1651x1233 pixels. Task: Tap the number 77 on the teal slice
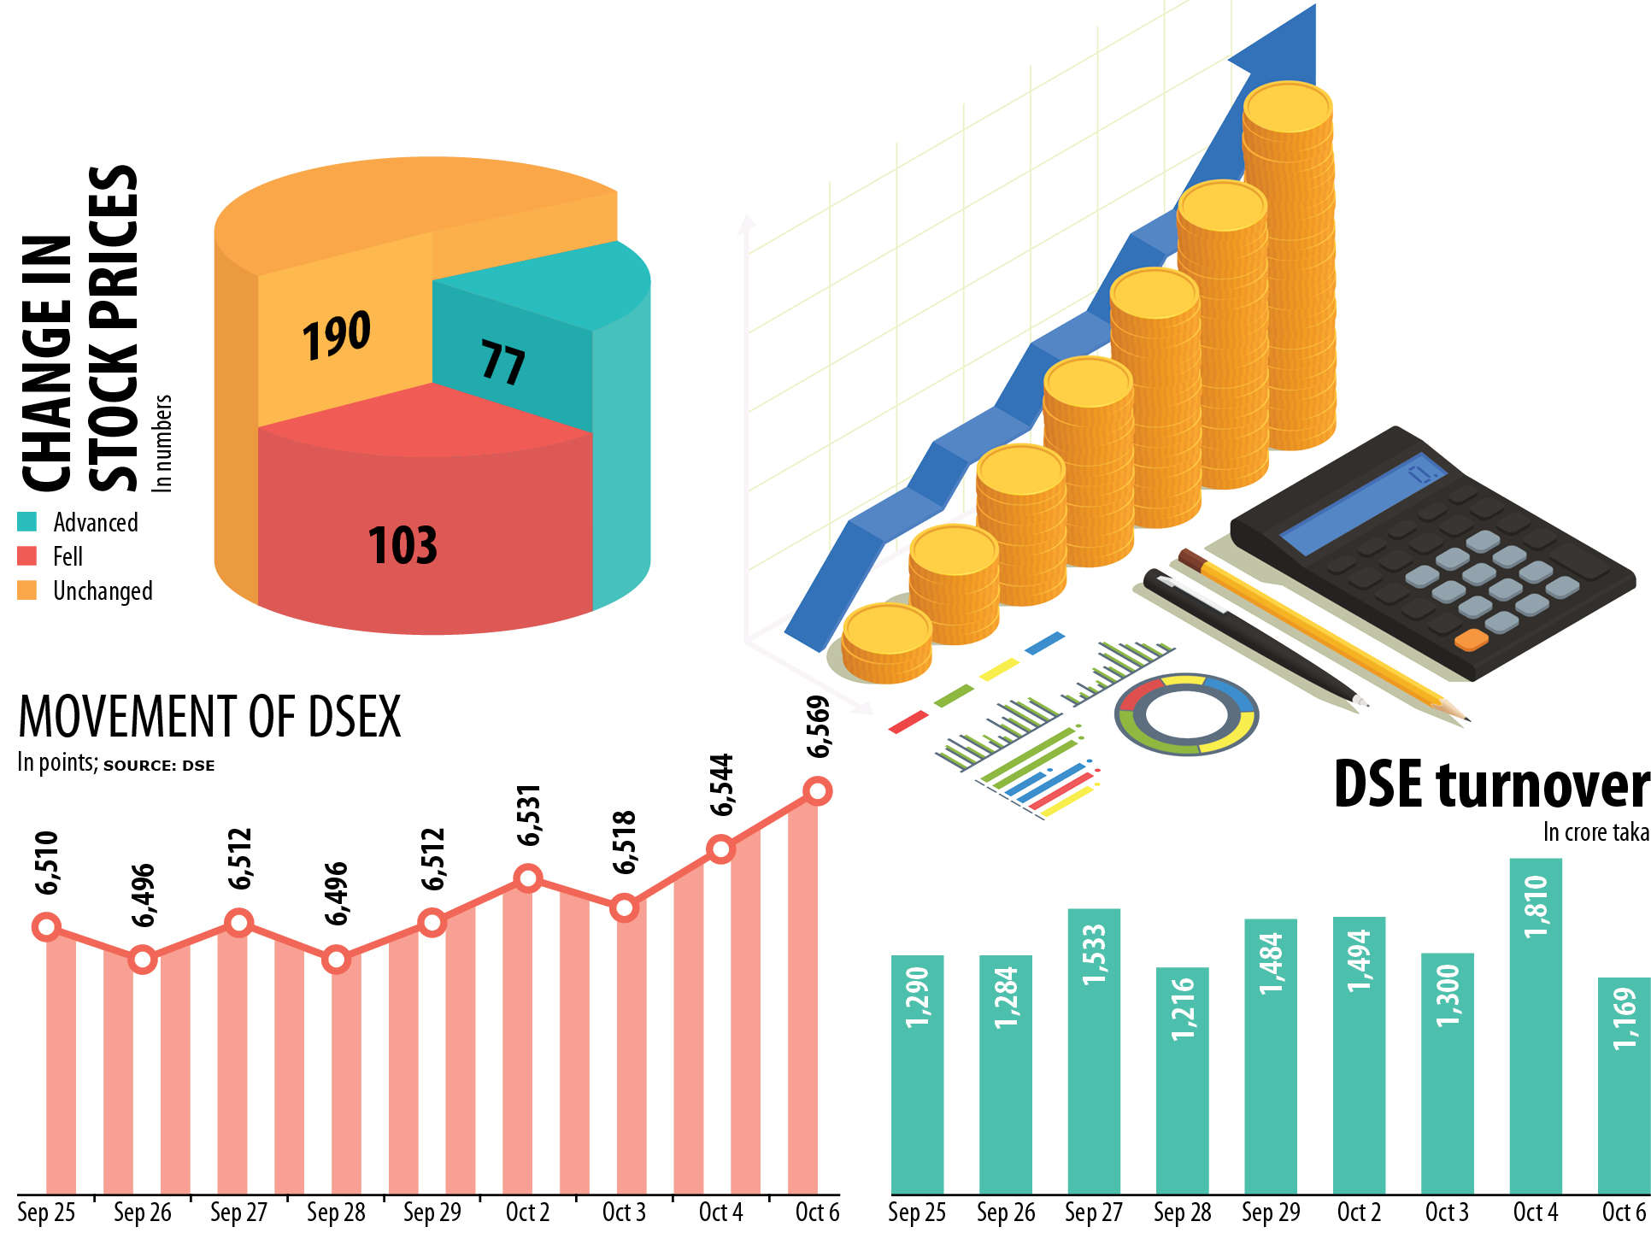[x=502, y=362]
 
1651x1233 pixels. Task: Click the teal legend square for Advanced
[x=27, y=522]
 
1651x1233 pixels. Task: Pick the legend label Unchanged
[x=103, y=591]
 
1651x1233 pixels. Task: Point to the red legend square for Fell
[x=27, y=556]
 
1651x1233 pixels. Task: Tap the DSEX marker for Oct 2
[x=528, y=878]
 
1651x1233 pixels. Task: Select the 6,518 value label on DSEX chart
[x=625, y=843]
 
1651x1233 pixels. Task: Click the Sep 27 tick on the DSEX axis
[x=239, y=1212]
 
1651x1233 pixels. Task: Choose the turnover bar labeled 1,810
[x=1536, y=1025]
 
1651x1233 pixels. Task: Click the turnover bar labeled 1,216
[x=1182, y=1080]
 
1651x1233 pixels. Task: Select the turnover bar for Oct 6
[x=1624, y=1085]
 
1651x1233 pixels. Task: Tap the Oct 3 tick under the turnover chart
[x=1447, y=1212]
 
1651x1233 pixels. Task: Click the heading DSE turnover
[x=1490, y=784]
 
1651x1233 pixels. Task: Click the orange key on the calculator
[x=1471, y=639]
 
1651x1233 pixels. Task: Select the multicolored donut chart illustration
[x=1187, y=714]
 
